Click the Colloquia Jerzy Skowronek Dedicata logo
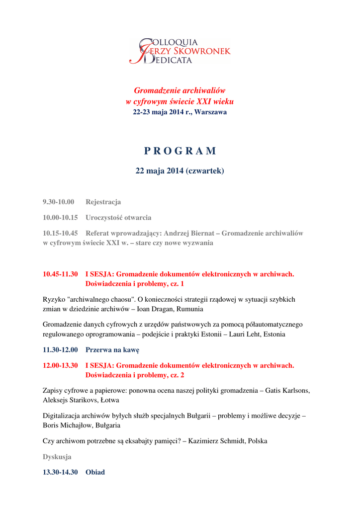tap(180, 51)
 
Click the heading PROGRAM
tap(180, 151)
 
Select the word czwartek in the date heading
tap(204, 171)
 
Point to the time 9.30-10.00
tap(58, 202)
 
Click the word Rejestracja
tap(103, 202)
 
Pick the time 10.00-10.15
tap(60, 217)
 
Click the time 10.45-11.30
tap(60, 274)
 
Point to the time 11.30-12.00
tap(60, 350)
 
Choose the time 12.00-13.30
tap(60, 365)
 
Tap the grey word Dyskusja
tap(57, 456)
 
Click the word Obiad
tap(95, 472)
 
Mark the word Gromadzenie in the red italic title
tap(158, 90)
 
